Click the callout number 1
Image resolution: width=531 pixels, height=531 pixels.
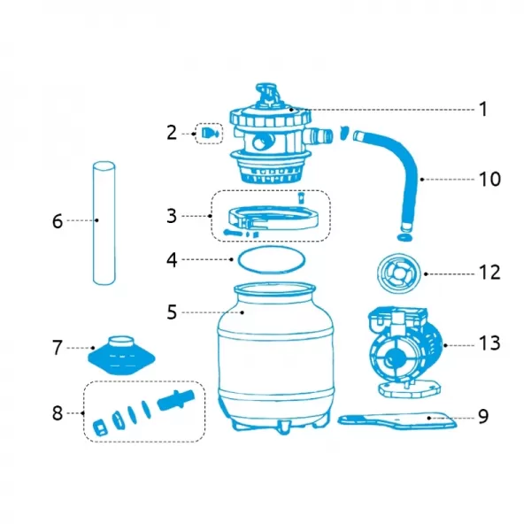coord(482,109)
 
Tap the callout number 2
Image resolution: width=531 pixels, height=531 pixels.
coord(172,133)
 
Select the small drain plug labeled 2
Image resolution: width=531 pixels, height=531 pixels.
coord(210,134)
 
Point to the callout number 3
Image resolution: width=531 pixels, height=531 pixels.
coord(171,214)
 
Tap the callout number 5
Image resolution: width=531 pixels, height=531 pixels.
coord(173,312)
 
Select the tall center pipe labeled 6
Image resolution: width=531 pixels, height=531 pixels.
coord(104,224)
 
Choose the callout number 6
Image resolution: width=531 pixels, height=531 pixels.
coord(58,220)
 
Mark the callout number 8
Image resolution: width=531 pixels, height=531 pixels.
coord(58,413)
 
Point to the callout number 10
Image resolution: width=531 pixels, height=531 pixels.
coord(489,179)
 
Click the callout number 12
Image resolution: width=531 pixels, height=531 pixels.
coord(489,272)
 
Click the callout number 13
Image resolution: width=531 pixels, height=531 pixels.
coord(489,342)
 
